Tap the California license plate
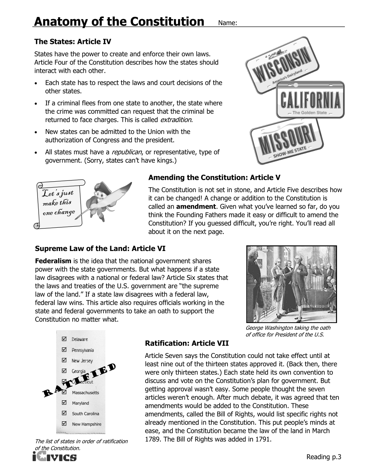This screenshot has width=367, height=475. [x=311, y=100]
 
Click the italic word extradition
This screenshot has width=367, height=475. [x=176, y=120]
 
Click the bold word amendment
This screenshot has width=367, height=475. [x=196, y=206]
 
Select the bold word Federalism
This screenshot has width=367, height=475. [x=53, y=261]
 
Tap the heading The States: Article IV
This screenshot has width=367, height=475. [x=72, y=41]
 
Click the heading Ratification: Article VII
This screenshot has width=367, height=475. [x=187, y=343]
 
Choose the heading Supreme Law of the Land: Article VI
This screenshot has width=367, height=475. [x=100, y=248]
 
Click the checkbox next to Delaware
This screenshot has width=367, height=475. [x=64, y=339]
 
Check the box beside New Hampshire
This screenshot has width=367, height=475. [x=64, y=424]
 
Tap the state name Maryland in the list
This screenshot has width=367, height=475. [x=81, y=403]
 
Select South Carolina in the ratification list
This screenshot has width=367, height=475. [x=85, y=413]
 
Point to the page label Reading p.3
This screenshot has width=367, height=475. [x=324, y=457]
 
